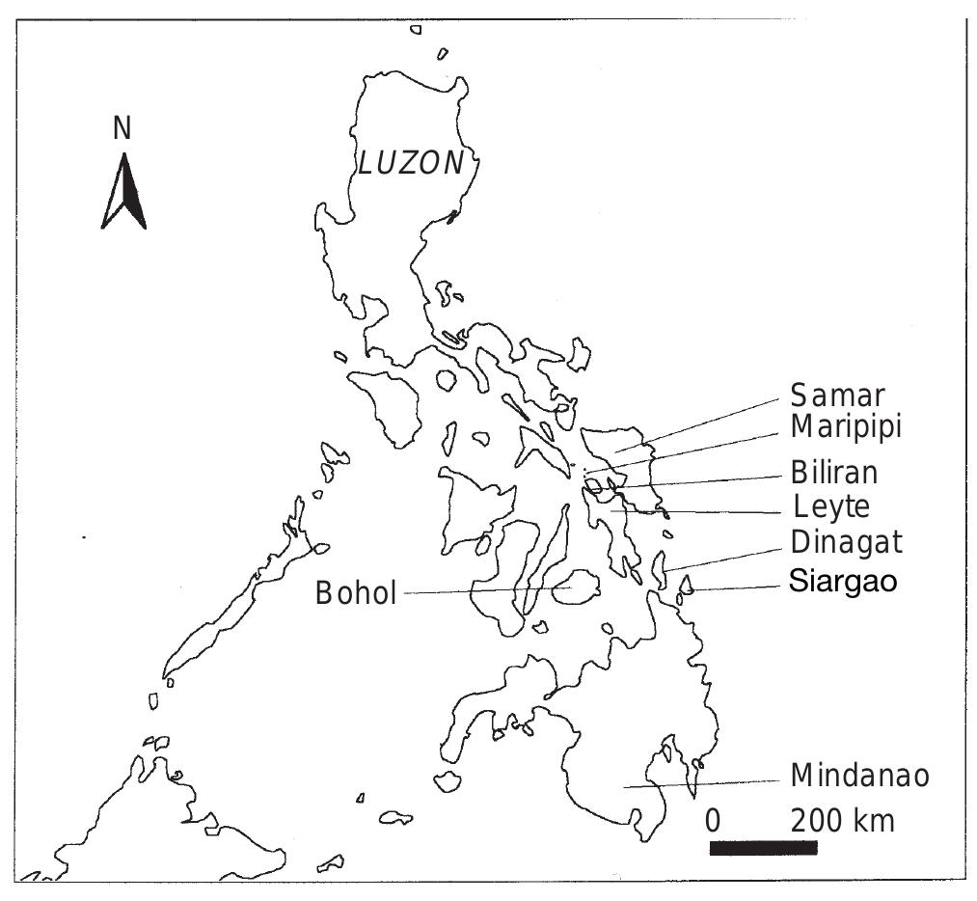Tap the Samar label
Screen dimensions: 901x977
click(837, 396)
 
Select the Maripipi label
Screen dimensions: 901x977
click(846, 425)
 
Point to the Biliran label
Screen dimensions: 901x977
click(834, 473)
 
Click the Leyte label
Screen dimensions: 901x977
click(831, 505)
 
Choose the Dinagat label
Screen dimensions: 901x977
click(847, 542)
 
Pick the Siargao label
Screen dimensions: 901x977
click(844, 582)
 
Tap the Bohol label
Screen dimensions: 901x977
click(356, 593)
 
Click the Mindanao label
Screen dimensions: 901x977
click(860, 775)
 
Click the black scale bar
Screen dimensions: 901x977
click(763, 848)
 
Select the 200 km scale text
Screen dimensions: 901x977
click(843, 822)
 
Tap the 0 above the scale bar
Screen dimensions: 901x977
click(713, 822)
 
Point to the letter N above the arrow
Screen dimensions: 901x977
click(122, 128)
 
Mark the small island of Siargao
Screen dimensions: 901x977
click(688, 585)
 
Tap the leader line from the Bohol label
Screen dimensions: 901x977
click(482, 591)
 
